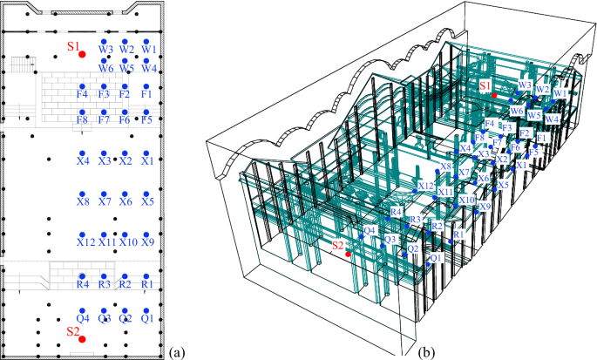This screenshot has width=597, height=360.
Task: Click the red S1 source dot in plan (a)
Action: coord(82,54)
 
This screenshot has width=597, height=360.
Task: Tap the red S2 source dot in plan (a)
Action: coord(82,339)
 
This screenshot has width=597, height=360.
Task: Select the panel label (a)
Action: coord(178,352)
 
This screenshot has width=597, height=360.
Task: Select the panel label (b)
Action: coord(428,352)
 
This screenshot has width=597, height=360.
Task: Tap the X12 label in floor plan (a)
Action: coord(85,241)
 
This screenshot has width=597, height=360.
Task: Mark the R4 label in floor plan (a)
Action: coord(83,284)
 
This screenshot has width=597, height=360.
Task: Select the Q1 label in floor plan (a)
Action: coord(147,319)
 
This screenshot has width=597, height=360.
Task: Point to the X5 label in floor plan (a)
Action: coord(147,202)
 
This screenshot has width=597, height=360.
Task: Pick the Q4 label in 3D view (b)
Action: coord(370,231)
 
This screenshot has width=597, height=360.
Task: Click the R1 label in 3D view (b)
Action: coord(458,235)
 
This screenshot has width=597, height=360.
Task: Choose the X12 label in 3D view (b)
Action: coord(425,186)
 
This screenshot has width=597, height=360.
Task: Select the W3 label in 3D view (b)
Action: coord(525,85)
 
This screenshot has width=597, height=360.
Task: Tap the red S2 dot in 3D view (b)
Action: coord(348,255)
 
